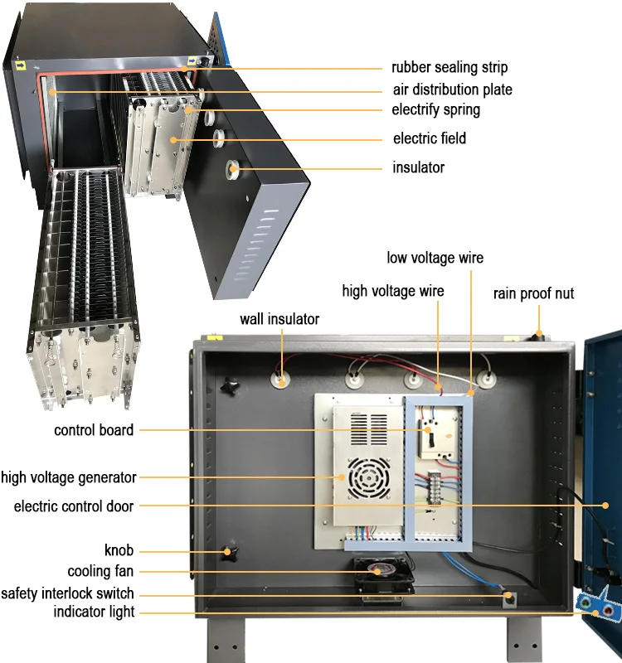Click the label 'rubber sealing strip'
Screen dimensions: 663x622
tap(449, 68)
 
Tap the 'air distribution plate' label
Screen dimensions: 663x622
tap(452, 90)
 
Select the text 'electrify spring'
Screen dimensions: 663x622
tap(435, 109)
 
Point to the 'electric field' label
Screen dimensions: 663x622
tap(429, 138)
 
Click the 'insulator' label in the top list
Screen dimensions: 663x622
tap(418, 167)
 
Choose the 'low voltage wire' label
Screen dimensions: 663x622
tap(435, 258)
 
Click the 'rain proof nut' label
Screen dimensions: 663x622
tap(533, 293)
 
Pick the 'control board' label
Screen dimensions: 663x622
tap(94, 430)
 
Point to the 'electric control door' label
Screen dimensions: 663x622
tap(73, 506)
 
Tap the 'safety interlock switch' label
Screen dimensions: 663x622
tap(67, 593)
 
